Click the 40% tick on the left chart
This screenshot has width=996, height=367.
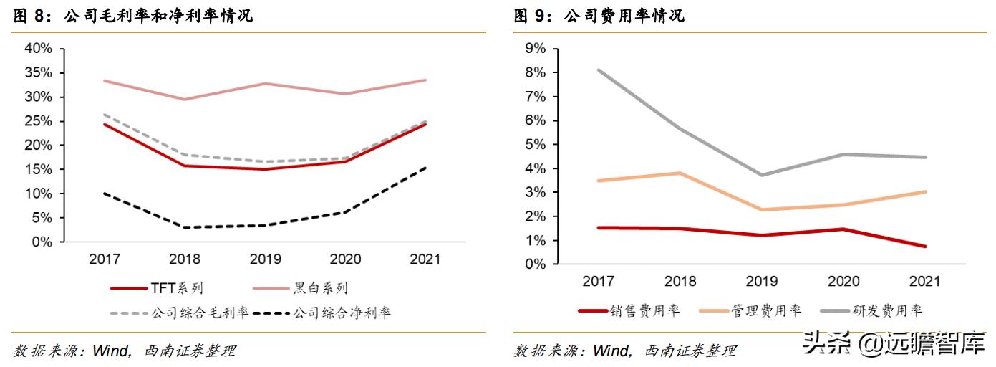click(38, 49)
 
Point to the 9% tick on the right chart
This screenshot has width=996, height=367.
click(536, 49)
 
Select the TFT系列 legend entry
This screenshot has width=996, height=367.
click(157, 289)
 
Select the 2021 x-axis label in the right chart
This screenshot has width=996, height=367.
click(925, 281)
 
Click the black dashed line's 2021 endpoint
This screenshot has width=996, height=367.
click(425, 168)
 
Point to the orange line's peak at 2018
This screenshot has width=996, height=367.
click(679, 173)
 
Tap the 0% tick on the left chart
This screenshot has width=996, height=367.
click(42, 242)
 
